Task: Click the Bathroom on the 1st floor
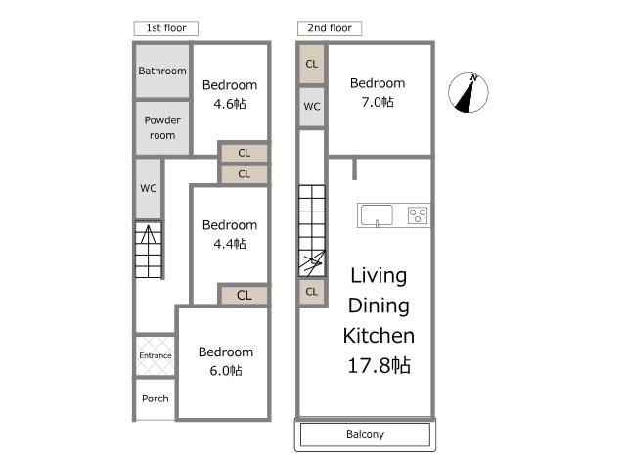coord(162,70)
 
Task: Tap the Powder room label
coord(162,127)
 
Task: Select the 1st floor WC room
coord(149,189)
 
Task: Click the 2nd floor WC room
coord(312,107)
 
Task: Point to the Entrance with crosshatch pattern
coord(155,355)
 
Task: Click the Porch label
coord(156,399)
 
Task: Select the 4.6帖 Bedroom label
coord(230,94)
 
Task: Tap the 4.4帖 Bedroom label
coord(230,234)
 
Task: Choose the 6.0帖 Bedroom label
coord(226,361)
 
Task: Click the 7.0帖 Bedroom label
coord(378,92)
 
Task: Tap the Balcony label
coord(365,434)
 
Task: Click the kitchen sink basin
coord(377,215)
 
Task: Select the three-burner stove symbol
coord(418,215)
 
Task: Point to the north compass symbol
coord(468,93)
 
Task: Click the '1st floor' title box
coord(165,28)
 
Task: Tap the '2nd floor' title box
coord(330,28)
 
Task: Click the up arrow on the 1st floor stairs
coord(148,235)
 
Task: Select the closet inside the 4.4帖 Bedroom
coord(244,295)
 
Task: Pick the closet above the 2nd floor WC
coord(312,64)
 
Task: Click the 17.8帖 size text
coord(379,365)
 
